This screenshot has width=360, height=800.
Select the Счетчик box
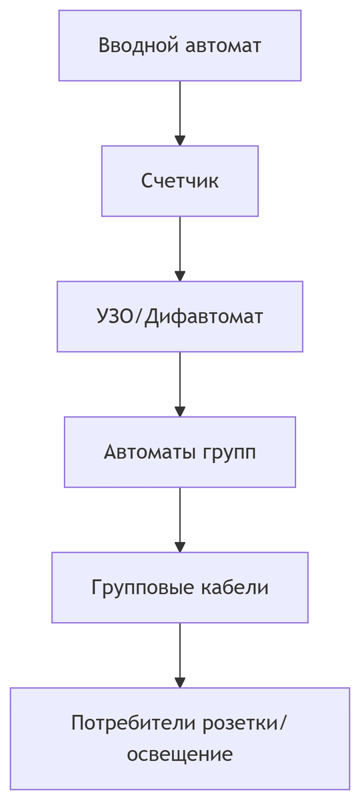point(180,181)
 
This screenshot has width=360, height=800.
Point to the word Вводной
point(138,45)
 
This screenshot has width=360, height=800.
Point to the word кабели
point(235,587)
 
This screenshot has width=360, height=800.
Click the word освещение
point(180,754)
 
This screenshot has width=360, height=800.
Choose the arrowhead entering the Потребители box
point(180,682)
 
